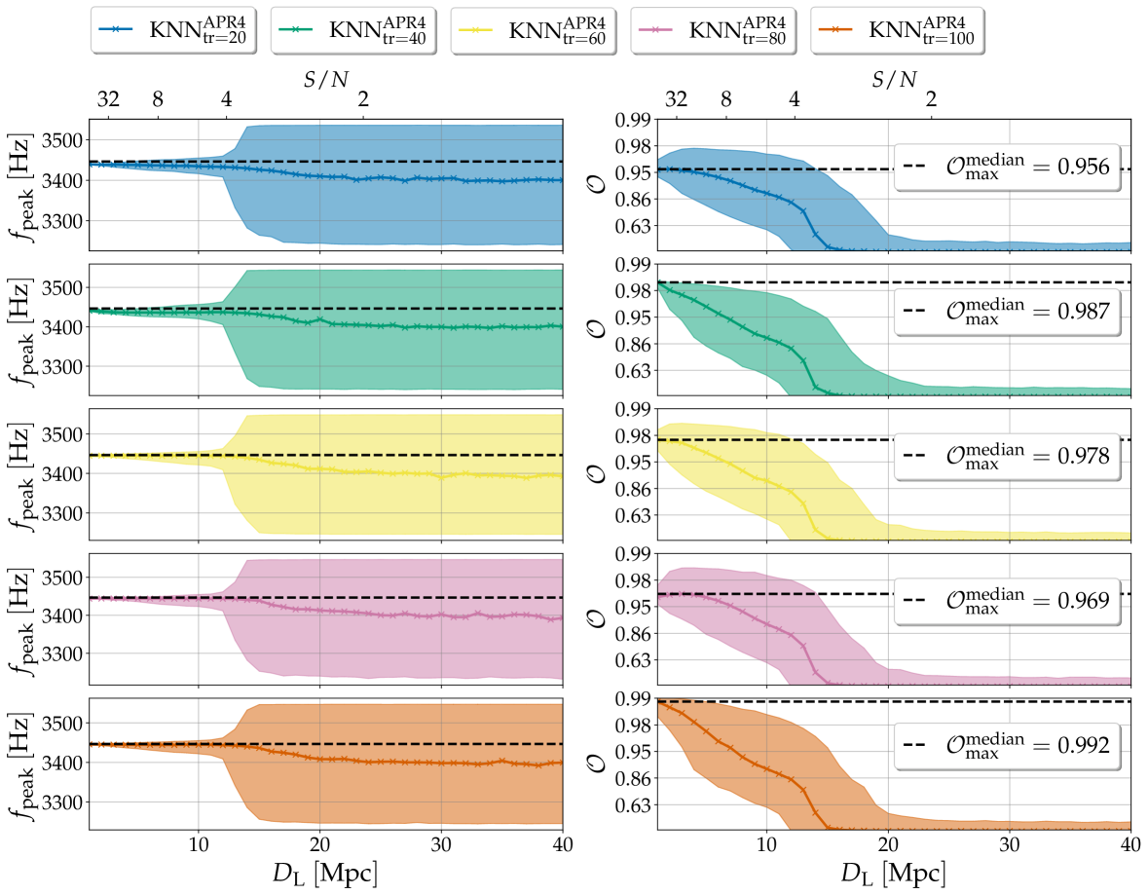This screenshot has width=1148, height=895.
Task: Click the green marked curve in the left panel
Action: pos(389,324)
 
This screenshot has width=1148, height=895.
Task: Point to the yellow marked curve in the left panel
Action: pos(389,472)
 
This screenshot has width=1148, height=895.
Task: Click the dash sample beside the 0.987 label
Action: pos(918,312)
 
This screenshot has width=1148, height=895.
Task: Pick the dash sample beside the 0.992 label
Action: pos(918,746)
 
